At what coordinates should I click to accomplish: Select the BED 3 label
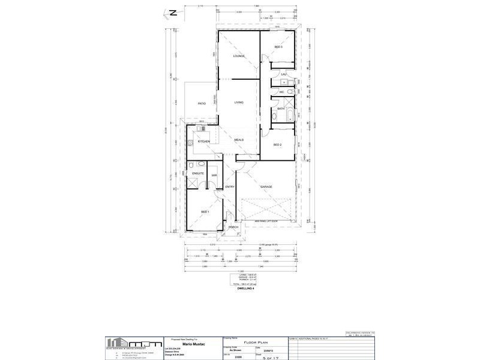[278, 47]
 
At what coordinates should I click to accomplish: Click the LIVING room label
[239, 103]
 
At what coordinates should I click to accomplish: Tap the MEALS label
[239, 140]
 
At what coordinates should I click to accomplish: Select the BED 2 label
[278, 145]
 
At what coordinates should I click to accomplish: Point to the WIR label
[214, 175]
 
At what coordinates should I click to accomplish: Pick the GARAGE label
[266, 187]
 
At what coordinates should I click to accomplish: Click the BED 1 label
[205, 212]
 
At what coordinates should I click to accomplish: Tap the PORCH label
[234, 227]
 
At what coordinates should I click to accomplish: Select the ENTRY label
[229, 187]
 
